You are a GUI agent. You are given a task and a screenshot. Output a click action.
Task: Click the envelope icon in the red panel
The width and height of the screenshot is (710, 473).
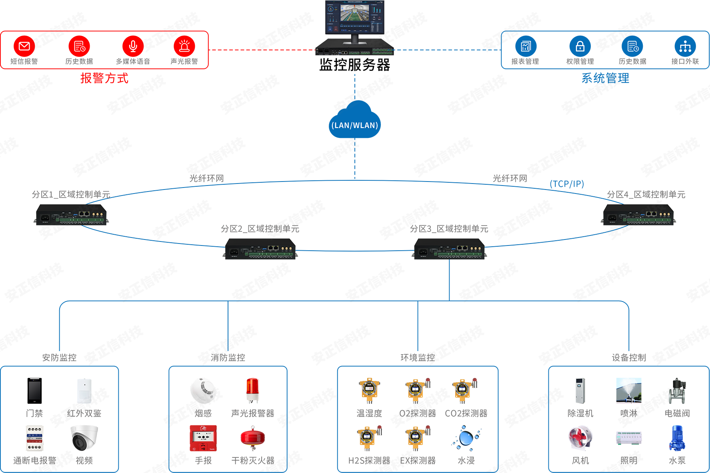pyautogui.click(x=24, y=46)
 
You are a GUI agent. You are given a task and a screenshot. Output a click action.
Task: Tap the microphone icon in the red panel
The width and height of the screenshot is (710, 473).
pyautogui.click(x=133, y=46)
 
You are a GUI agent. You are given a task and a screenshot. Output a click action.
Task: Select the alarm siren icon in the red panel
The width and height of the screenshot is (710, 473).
pyautogui.click(x=184, y=46)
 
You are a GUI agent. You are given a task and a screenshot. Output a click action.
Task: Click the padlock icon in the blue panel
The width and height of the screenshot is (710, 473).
pyautogui.click(x=580, y=47)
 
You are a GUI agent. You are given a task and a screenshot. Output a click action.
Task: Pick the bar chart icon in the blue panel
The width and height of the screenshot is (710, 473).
pyautogui.click(x=526, y=47)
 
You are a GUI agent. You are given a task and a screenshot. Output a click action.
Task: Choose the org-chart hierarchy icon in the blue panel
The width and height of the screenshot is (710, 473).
pyautogui.click(x=685, y=47)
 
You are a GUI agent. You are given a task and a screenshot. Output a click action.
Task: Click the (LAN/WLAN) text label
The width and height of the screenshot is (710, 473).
pyautogui.click(x=355, y=125)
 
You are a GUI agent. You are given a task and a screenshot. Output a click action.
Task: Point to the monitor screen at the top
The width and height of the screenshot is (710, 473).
pyautogui.click(x=355, y=18)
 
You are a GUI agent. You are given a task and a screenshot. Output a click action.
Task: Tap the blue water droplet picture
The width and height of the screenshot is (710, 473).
pyautogui.click(x=465, y=438)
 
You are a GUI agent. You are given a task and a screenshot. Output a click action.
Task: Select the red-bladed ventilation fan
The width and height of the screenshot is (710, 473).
pyautogui.click(x=580, y=437)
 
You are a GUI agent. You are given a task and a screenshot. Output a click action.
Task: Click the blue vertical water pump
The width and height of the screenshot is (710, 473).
pyautogui.click(x=676, y=438)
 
